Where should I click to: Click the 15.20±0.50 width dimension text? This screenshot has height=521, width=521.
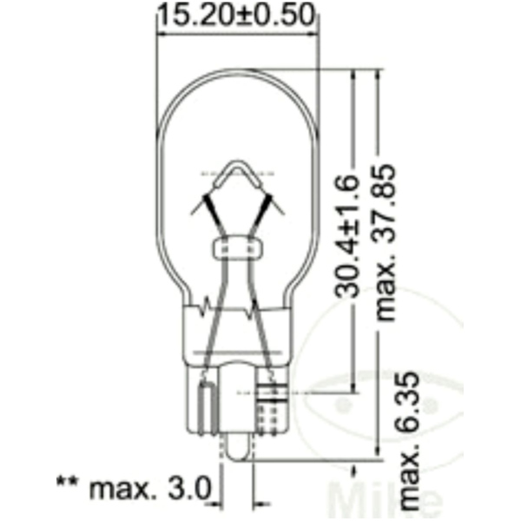pos(235,15)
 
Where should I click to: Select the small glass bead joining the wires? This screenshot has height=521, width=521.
pos(238,249)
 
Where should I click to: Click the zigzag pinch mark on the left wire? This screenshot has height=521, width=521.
pos(205,306)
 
